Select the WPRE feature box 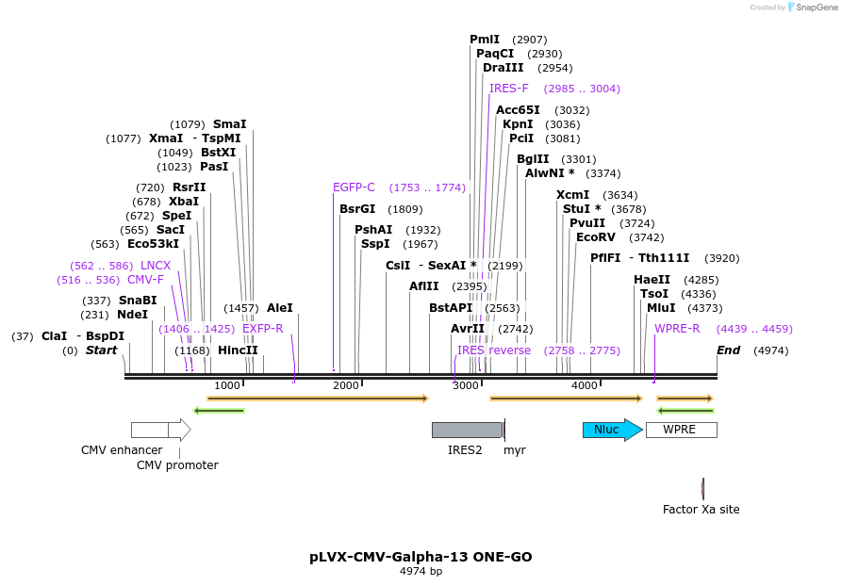coord(681,430)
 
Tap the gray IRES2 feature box coord(467,430)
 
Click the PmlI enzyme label coord(485,40)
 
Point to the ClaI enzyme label coord(54,336)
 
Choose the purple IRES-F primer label coord(509,89)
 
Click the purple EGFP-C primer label coord(354,187)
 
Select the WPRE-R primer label coord(677,329)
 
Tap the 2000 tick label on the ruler coord(346,385)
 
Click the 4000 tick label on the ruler coord(585,385)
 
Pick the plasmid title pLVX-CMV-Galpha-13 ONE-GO coord(421,557)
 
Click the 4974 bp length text coord(421,571)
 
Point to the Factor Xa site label coord(701,510)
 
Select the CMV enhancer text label coord(122,450)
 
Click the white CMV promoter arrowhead coord(180,430)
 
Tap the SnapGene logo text coord(817,8)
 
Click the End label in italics coord(728,350)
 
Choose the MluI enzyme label coord(660,308)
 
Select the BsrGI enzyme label coord(357,209)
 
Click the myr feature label coord(515,450)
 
